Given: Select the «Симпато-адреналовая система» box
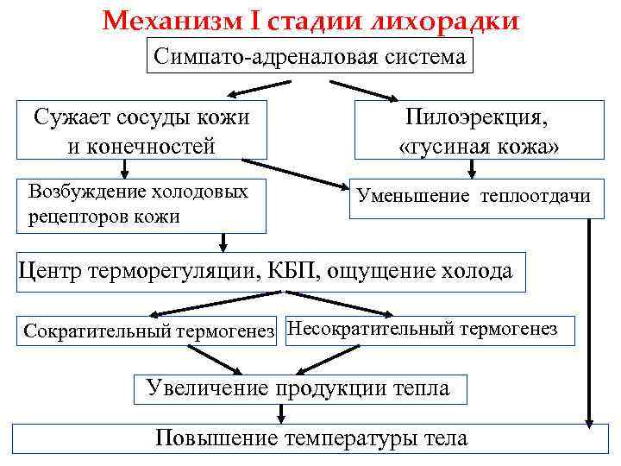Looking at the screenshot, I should point(310,57).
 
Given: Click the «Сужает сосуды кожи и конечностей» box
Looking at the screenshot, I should point(141,131).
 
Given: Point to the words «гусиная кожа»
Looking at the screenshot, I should point(480,148).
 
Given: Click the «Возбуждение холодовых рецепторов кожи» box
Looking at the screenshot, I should point(141,205).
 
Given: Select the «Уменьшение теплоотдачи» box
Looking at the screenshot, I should point(469,197).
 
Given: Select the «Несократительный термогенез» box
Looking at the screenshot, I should point(428,329).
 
